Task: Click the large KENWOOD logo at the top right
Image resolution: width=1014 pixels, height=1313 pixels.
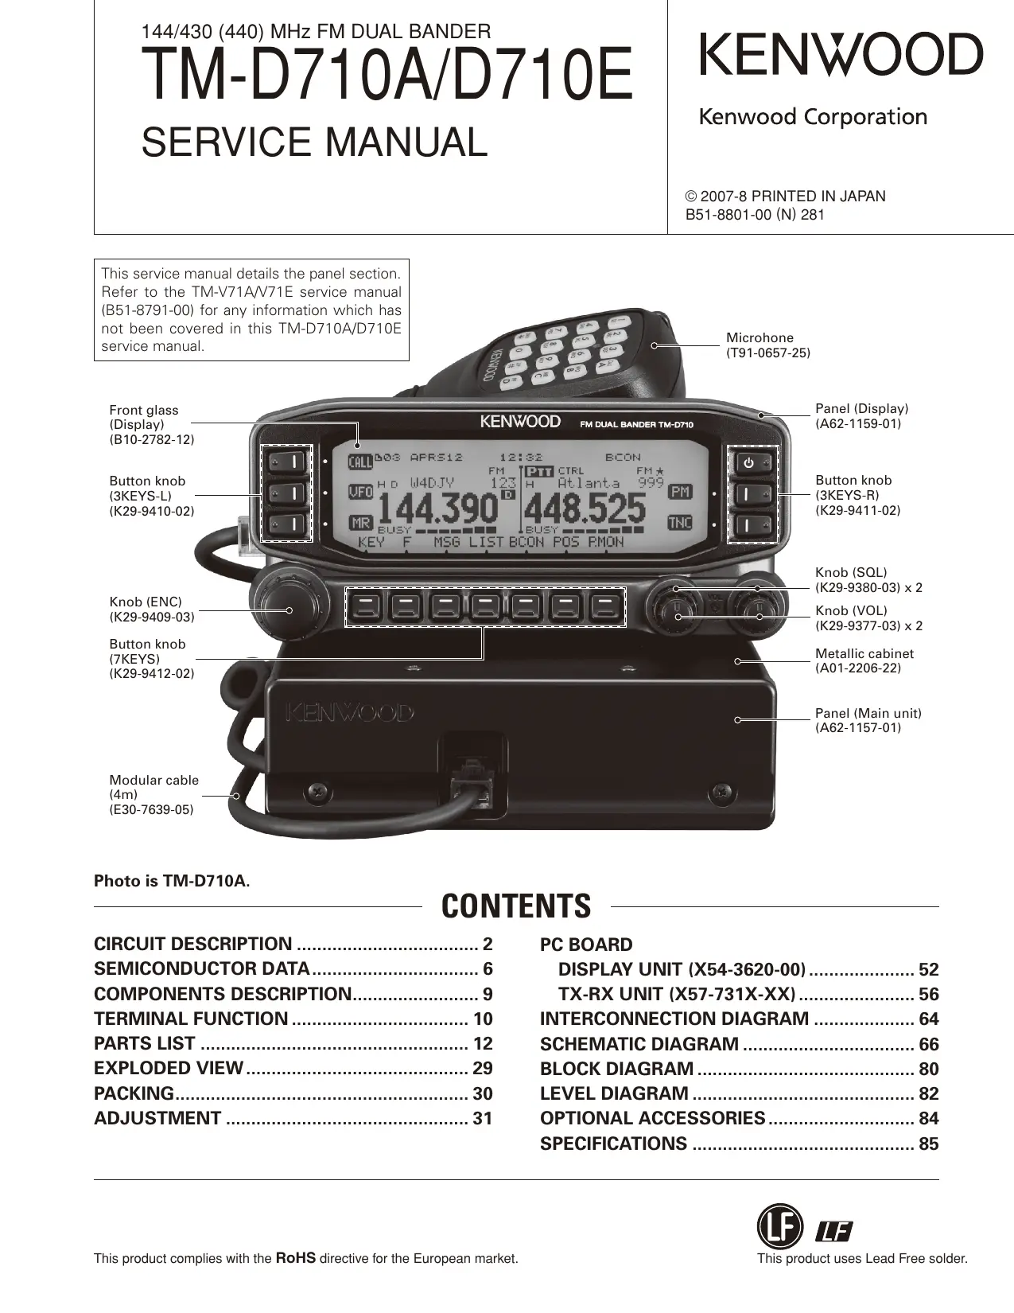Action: [841, 55]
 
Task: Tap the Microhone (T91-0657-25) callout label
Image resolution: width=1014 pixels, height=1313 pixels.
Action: [768, 345]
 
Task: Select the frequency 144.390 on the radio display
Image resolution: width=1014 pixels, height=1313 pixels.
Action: [437, 508]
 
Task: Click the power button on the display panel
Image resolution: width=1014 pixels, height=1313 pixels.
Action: [748, 462]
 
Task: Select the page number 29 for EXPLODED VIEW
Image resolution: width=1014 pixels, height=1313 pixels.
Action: [483, 1069]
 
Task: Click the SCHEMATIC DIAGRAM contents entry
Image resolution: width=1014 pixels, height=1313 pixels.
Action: [639, 1044]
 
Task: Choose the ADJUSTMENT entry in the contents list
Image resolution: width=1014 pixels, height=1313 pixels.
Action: [157, 1118]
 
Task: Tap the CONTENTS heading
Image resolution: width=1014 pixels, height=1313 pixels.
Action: [516, 906]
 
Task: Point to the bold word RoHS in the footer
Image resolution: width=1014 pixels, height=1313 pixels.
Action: [295, 1258]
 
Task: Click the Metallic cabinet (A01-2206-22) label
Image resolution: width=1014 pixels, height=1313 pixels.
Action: [864, 660]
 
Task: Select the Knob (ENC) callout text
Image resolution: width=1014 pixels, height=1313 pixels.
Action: [151, 610]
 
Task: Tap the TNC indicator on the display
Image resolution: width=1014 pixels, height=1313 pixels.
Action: [680, 523]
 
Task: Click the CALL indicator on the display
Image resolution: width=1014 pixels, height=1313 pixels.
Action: [360, 462]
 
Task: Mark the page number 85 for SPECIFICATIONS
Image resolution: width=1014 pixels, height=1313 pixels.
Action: [928, 1144]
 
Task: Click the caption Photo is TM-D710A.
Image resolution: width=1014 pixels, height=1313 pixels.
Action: [172, 881]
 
